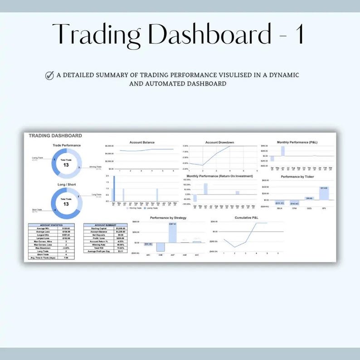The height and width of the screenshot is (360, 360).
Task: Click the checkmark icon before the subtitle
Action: click(x=50, y=75)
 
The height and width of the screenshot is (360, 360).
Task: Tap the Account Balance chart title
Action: click(x=142, y=142)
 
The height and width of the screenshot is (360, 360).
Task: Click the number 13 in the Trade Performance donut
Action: click(x=66, y=165)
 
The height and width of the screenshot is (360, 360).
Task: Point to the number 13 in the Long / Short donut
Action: click(x=66, y=204)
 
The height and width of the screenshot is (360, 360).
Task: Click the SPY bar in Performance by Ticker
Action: click(x=324, y=193)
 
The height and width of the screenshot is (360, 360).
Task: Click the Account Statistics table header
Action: click(x=51, y=224)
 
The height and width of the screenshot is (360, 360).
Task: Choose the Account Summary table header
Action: click(x=105, y=224)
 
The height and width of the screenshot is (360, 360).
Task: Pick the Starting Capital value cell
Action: click(x=120, y=228)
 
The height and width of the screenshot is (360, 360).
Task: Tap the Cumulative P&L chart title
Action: click(x=246, y=218)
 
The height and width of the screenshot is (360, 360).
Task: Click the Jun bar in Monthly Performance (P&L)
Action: click(x=282, y=151)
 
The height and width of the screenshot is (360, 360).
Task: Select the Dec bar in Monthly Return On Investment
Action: click(x=237, y=192)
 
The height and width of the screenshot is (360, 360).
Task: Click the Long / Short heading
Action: click(x=66, y=185)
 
